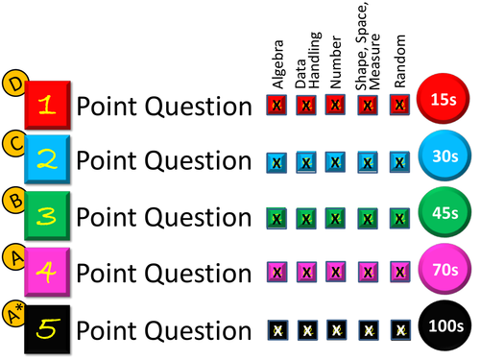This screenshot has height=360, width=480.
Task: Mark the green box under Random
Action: [400, 219]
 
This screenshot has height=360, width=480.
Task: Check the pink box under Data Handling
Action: [306, 275]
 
